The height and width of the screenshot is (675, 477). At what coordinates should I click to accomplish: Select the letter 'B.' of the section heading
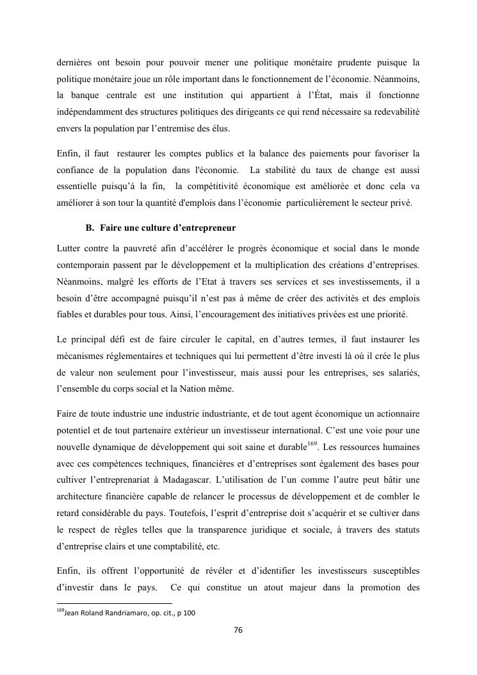pyautogui.click(x=90, y=228)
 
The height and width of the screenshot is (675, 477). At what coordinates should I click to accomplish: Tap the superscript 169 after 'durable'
pyautogui.click(x=312, y=424)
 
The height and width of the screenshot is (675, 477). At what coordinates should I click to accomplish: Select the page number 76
pyautogui.click(x=238, y=631)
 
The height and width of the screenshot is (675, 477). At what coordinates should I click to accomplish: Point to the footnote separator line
pyautogui.click(x=115, y=603)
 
